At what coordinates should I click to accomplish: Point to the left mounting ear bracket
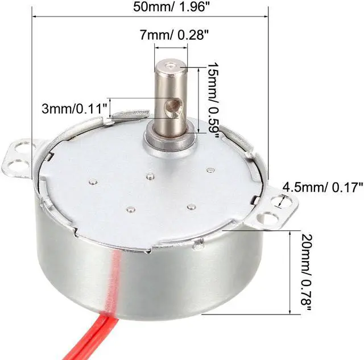click(22, 158)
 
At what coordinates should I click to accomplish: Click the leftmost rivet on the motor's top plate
click(92, 182)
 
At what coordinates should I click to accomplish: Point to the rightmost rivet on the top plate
click(210, 169)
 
